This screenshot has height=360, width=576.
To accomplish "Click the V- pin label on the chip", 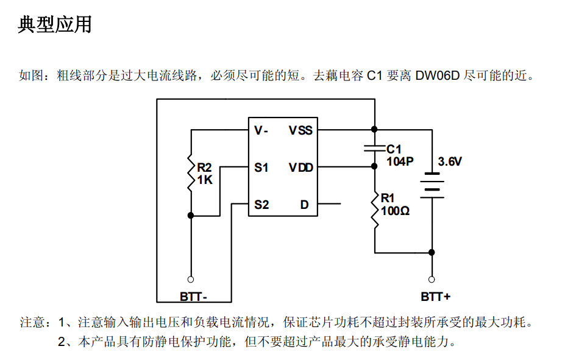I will tap(261, 130).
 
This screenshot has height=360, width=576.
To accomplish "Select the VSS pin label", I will tap(300, 130).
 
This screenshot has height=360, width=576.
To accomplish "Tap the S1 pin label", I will tap(261, 168).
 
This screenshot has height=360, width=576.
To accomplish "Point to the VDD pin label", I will tap(300, 168).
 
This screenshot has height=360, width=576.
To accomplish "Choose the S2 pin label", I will tap(261, 205).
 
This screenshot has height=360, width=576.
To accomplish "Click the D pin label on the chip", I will tap(304, 205).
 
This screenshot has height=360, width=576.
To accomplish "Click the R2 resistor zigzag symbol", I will tap(190, 172).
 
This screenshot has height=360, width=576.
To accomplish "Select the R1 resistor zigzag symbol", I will tap(374, 210).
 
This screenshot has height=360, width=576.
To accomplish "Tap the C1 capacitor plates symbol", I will tap(374, 148).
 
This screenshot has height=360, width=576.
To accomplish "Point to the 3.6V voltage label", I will tap(450, 162).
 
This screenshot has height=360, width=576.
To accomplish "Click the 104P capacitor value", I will tap(400, 161).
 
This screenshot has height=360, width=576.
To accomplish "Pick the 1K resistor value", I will tap(205, 180).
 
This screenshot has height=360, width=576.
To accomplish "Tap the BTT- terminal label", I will tap(193, 297).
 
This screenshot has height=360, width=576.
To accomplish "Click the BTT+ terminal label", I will tap(436, 297).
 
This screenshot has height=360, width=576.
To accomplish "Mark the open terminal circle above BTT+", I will tap(432, 280).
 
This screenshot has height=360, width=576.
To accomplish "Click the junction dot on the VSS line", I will tap(374, 129).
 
